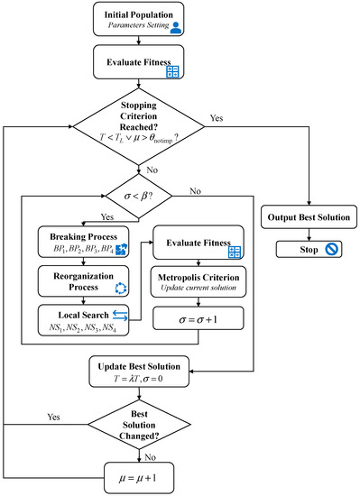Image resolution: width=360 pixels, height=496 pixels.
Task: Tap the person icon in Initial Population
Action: pos(177,28)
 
